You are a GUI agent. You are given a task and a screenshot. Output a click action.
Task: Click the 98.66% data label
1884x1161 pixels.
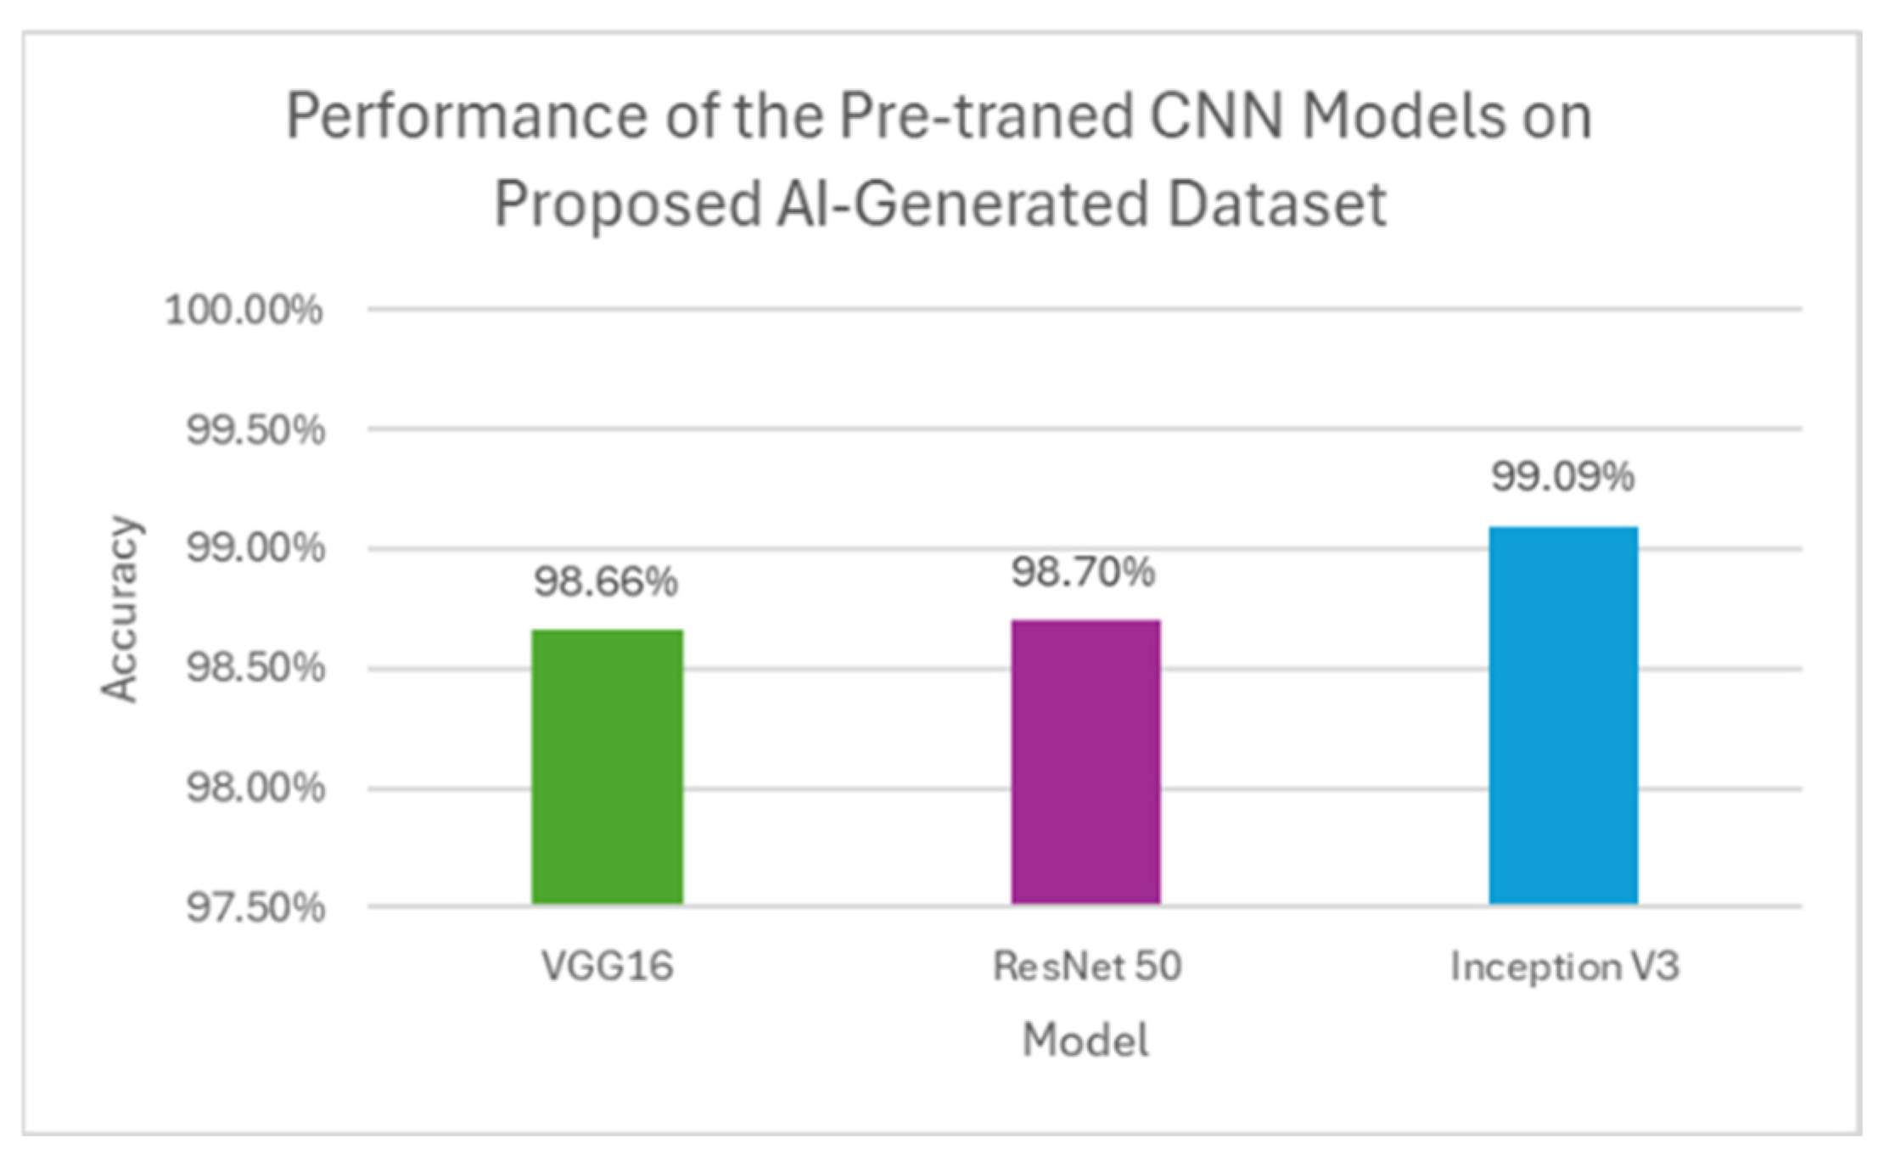pyautogui.click(x=606, y=582)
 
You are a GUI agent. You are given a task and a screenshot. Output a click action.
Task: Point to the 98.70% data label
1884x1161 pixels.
pyautogui.click(x=1083, y=573)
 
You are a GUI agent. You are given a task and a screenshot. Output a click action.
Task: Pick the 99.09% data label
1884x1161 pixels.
pyautogui.click(x=1562, y=476)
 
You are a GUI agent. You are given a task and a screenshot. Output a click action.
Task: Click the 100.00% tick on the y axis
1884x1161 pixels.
pyautogui.click(x=244, y=310)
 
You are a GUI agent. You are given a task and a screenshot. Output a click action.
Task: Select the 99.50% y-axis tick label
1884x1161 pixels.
pyautogui.click(x=255, y=430)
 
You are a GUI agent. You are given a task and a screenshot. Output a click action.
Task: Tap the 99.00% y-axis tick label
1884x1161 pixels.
pyautogui.click(x=255, y=548)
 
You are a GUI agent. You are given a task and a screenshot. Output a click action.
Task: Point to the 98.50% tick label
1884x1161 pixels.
pyautogui.click(x=255, y=669)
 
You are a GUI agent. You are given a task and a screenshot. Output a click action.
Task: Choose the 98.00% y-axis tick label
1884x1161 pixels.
pyautogui.click(x=255, y=788)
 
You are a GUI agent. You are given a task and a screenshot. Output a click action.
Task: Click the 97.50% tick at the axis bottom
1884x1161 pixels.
pyautogui.click(x=255, y=908)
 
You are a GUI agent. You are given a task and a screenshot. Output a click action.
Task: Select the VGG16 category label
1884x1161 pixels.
pyautogui.click(x=607, y=967)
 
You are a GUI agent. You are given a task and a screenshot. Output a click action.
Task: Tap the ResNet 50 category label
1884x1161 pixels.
pyautogui.click(x=1087, y=967)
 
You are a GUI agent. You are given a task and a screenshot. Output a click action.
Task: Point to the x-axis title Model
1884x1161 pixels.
pyautogui.click(x=1085, y=1040)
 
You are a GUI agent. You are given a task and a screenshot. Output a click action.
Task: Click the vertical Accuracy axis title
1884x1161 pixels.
pyautogui.click(x=120, y=609)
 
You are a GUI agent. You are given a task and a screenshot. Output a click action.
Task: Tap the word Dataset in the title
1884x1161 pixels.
pyautogui.click(x=1276, y=205)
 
